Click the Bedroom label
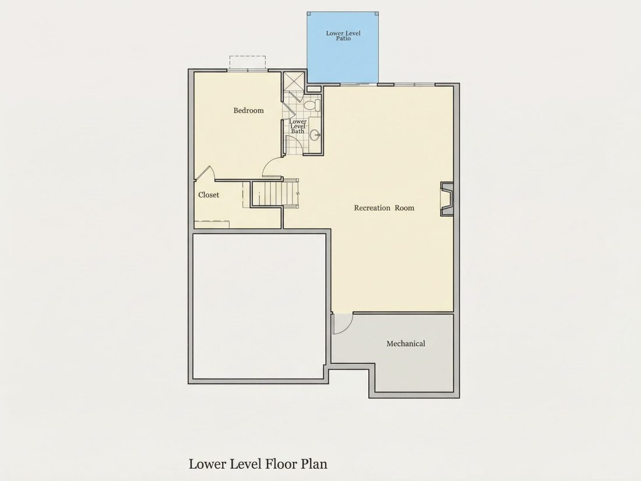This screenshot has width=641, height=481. coord(249,110)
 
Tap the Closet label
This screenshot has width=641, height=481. coord(209,195)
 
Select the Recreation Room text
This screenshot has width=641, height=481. coord(384,208)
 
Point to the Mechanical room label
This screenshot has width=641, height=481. coord(406,343)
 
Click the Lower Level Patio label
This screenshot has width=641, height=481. coord(343,36)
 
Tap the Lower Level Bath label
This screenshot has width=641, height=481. coord(298,127)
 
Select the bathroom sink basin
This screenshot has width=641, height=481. coord(315,134)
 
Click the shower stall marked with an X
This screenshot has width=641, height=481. coord(294,82)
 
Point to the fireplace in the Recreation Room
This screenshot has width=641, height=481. coord(447,199)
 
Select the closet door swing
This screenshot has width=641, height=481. coord(206,173)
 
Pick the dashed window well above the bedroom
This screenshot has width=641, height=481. coord(247,63)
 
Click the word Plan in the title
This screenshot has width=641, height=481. coord(314,464)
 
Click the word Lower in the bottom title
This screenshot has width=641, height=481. coord(207,464)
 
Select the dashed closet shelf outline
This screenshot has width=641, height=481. coord(212,224)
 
